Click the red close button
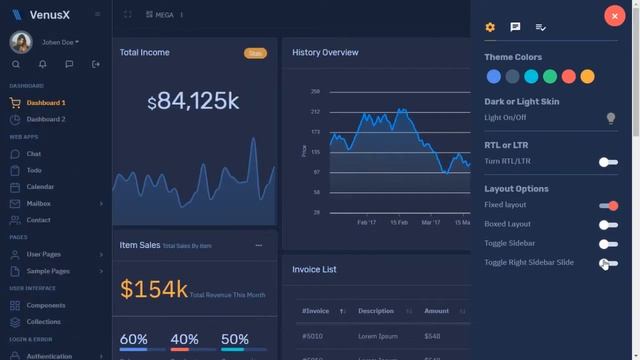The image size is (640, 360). pyautogui.click(x=613, y=15)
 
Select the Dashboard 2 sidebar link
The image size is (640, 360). pyautogui.click(x=45, y=119)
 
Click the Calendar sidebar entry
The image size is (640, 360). pyautogui.click(x=40, y=187)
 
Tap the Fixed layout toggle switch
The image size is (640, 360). pyautogui.click(x=608, y=206)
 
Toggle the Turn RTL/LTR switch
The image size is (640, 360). pyautogui.click(x=608, y=162)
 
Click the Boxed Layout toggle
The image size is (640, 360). pyautogui.click(x=608, y=225)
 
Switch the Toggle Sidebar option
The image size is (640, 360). pyautogui.click(x=608, y=244)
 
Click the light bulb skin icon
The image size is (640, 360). pyautogui.click(x=611, y=118)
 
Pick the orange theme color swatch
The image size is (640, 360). pyautogui.click(x=587, y=77)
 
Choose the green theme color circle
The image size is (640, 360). pyautogui.click(x=550, y=77)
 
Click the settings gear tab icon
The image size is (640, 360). pyautogui.click(x=490, y=27)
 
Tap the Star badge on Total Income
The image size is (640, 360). pyautogui.click(x=255, y=53)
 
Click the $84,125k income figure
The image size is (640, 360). pyautogui.click(x=193, y=101)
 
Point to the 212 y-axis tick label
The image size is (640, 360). pyautogui.click(x=315, y=111)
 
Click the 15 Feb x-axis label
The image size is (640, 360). pyautogui.click(x=399, y=222)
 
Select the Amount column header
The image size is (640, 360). pyautogui.click(x=437, y=311)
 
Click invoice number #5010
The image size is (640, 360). pyautogui.click(x=314, y=336)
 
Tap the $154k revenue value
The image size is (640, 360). pyautogui.click(x=153, y=290)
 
